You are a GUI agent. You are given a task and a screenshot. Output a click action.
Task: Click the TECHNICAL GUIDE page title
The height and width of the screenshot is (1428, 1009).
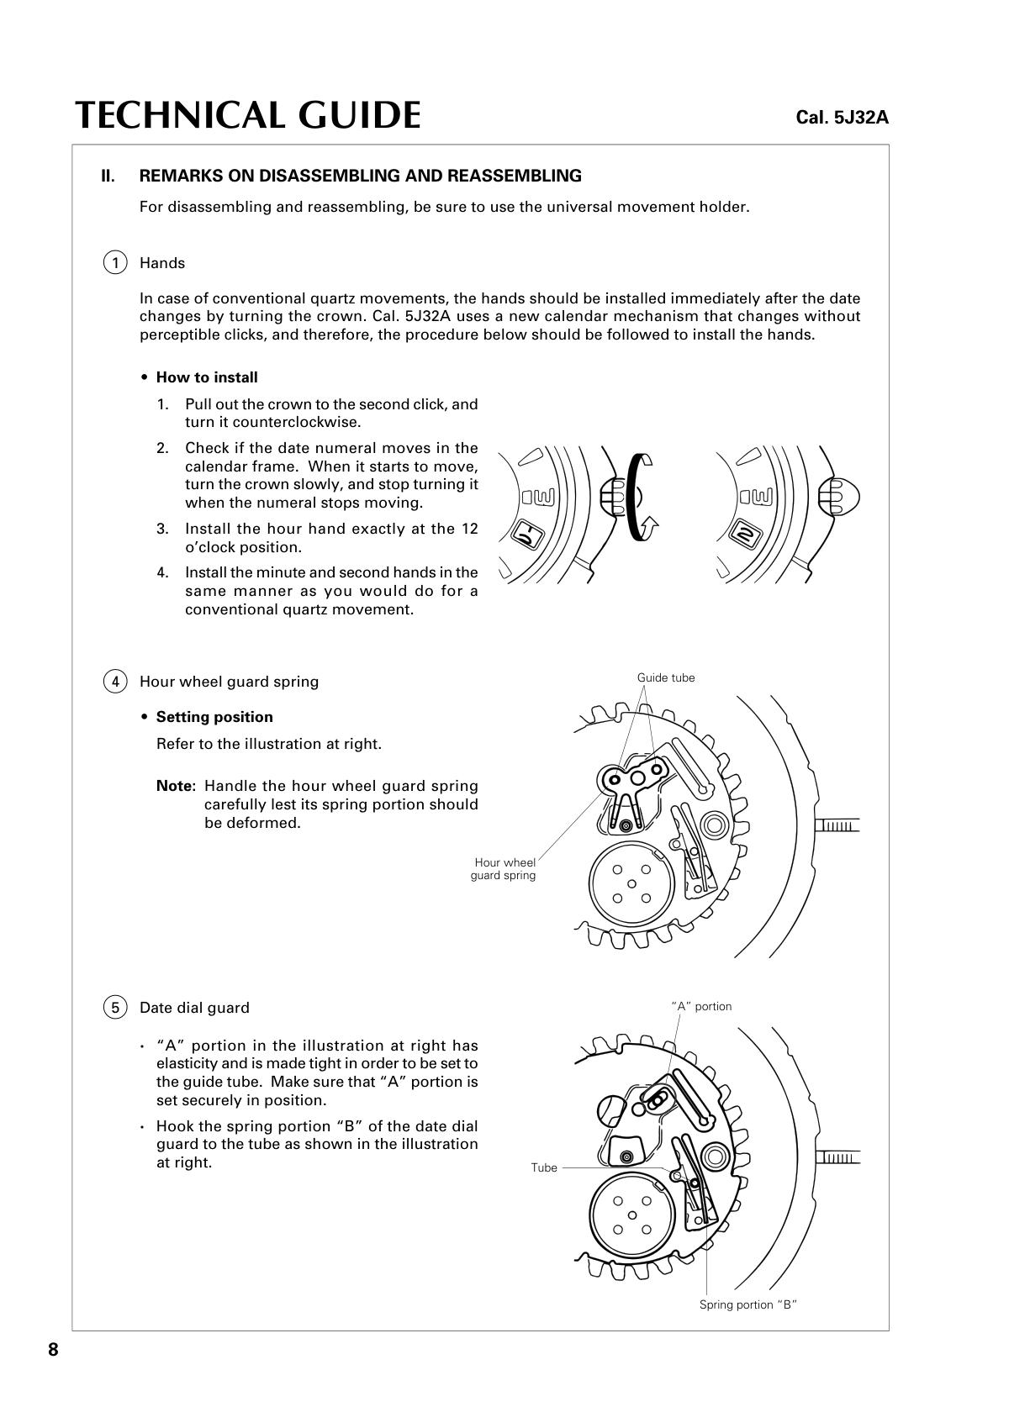[x=248, y=115]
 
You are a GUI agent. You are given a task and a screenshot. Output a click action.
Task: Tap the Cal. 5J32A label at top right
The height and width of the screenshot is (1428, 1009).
[x=842, y=118]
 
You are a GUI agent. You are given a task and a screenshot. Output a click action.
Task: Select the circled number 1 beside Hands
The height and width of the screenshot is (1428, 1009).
[x=115, y=262]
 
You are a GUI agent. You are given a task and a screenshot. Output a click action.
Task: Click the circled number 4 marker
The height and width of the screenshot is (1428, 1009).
[x=115, y=681]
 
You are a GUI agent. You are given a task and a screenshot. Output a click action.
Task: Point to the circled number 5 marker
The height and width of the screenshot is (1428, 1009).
[x=115, y=1007]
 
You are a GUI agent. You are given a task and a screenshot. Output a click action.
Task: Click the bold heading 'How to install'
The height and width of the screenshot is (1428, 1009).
[x=207, y=377]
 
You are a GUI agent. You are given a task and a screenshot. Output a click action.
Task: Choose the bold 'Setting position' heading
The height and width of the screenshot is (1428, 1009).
[x=214, y=717]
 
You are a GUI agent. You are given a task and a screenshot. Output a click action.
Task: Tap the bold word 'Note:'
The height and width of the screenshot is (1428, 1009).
[x=176, y=786]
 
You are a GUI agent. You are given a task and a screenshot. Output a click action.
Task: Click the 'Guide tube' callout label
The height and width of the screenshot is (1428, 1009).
[x=666, y=678]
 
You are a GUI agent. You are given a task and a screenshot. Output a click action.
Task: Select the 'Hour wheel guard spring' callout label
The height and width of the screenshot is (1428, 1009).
[x=504, y=869]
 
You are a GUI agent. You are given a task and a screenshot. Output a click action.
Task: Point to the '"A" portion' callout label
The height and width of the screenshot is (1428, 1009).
[x=701, y=1006]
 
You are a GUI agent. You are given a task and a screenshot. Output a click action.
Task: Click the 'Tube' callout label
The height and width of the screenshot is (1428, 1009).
[x=544, y=1167]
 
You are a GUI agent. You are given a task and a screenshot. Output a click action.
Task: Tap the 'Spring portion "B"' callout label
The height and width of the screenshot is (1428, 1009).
[x=748, y=1304]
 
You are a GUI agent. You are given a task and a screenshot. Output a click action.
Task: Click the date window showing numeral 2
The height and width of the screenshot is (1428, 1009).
[x=744, y=535]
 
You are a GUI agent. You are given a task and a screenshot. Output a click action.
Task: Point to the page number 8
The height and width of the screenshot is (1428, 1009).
[x=53, y=1350]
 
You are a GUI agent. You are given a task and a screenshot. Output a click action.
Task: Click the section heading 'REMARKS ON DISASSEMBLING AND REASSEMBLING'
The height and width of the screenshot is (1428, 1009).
[x=360, y=176]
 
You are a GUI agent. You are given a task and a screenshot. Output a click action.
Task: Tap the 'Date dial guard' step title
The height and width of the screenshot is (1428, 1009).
[x=194, y=1007]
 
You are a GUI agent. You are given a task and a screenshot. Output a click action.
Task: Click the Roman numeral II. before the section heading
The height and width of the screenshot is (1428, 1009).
[x=108, y=176]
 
